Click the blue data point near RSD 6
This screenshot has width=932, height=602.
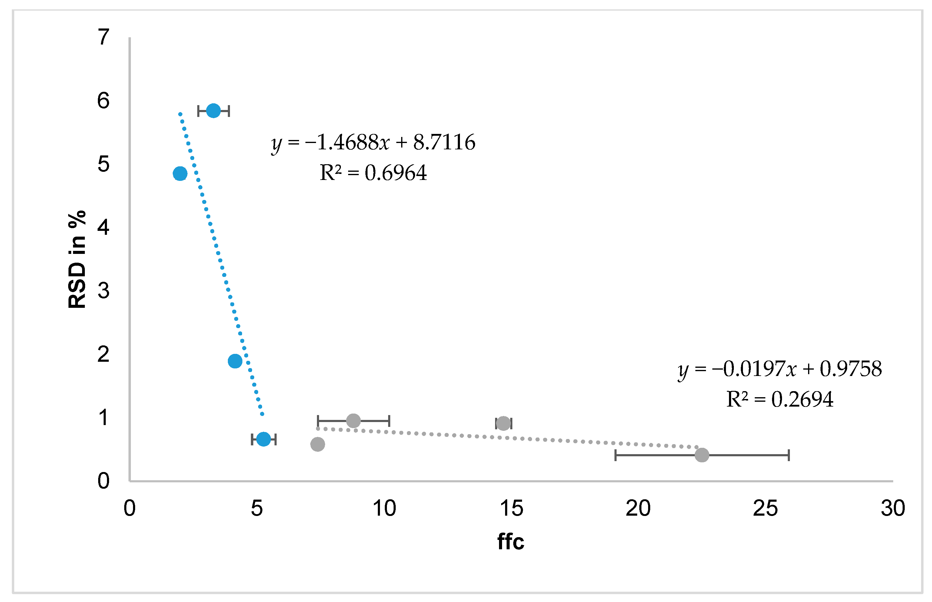213,111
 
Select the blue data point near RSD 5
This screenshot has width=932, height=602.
180,173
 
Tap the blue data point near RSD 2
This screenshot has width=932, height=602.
235,361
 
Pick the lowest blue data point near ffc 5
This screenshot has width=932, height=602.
264,439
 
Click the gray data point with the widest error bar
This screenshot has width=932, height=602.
702,455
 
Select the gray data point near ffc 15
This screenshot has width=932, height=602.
503,423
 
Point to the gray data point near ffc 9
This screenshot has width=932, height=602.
353,421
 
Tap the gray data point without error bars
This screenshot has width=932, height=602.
318,444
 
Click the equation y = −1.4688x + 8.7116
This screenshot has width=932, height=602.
373,142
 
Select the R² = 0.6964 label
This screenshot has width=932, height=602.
373,173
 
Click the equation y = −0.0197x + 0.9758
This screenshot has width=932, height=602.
780,369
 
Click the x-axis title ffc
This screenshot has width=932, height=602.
511,541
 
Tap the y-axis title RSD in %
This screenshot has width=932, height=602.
77,259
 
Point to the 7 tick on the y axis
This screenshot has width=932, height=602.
103,37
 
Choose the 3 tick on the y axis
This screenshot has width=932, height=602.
103,291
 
